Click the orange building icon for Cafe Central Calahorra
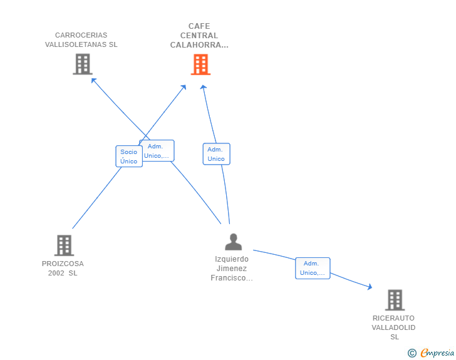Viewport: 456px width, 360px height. (200, 64)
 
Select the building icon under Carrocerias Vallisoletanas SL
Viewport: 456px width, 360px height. (83, 64)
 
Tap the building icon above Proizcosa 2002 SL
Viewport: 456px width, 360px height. (64, 245)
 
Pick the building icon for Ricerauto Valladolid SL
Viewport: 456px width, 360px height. (395, 300)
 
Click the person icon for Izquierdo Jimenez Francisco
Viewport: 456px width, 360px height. (233, 242)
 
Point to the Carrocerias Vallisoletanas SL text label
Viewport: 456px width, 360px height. (81, 40)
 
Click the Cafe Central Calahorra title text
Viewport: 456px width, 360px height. (199, 36)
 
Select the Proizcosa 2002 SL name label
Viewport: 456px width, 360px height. (63, 269)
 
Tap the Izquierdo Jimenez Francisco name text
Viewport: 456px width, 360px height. (232, 269)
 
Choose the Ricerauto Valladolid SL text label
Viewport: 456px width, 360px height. (393, 327)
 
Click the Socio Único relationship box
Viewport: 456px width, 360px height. (129, 157)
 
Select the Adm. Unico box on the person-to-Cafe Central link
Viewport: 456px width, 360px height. (216, 154)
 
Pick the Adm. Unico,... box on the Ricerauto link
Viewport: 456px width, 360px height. (313, 268)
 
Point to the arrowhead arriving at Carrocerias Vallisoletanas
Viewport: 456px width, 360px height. (93, 80)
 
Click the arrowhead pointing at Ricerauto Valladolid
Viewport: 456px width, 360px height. (370, 287)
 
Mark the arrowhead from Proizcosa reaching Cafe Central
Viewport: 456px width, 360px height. (184, 87)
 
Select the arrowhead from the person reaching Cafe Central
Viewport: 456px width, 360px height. (204, 87)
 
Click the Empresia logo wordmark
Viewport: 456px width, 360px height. (437, 352)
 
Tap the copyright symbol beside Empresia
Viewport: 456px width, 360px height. (412, 353)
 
